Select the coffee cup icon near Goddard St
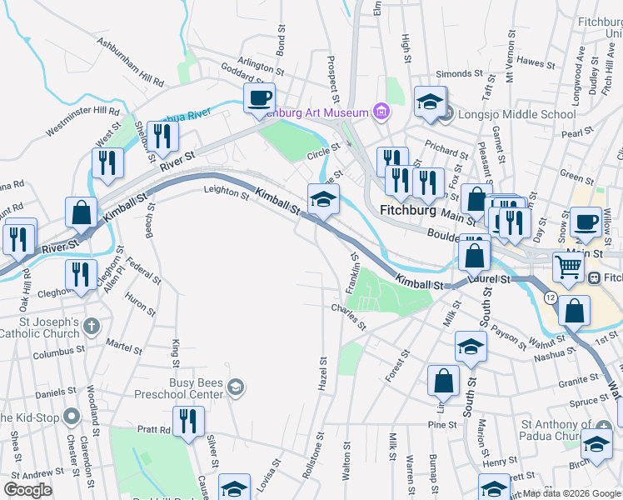(x=259, y=98)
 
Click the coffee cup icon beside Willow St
(x=586, y=221)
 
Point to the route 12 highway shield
(x=550, y=297)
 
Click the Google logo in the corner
(x=27, y=490)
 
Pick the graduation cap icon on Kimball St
(x=323, y=199)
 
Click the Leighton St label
(x=226, y=194)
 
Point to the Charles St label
(x=348, y=317)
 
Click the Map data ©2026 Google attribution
(x=571, y=493)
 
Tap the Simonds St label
(x=455, y=74)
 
